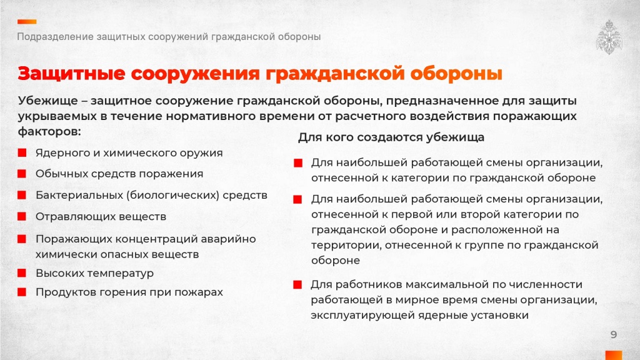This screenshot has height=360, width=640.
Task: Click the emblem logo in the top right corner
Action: coord(609,37)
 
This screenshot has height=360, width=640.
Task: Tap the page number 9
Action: coord(614,335)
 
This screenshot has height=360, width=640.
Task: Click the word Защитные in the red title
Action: coord(71,74)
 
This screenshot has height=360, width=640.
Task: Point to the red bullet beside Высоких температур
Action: coord(22,272)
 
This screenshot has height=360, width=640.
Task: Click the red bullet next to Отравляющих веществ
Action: coord(22,216)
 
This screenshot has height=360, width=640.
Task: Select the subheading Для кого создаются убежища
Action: coord(391,137)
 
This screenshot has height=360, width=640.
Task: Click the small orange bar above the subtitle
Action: coord(27,22)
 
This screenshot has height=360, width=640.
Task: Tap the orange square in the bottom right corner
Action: coord(614,355)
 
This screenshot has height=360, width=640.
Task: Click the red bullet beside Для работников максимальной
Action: coord(297,284)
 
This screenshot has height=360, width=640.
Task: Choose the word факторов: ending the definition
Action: coord(49,131)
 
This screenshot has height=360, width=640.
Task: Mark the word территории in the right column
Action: coord(346,245)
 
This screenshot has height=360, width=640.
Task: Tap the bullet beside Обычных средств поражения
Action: coord(22,174)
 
